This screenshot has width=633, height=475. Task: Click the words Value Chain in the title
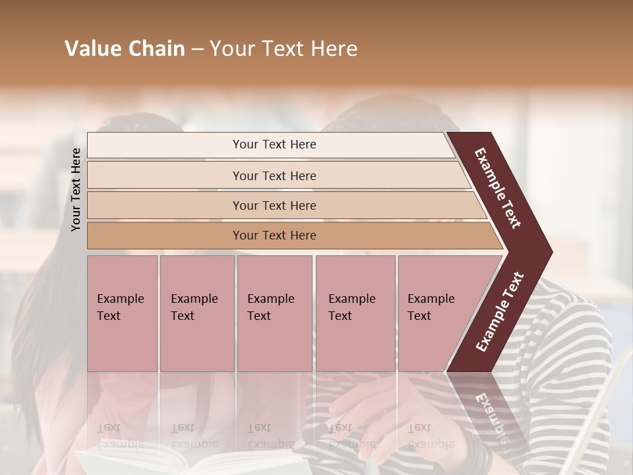coord(125,49)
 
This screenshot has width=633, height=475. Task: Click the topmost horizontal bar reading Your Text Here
coord(274,144)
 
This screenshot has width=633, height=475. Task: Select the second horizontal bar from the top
coord(274,175)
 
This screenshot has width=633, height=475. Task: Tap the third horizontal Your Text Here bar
coord(274,205)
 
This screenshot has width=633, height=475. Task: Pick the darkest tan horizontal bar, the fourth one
coord(274,236)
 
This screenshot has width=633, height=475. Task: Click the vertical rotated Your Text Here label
coord(76,190)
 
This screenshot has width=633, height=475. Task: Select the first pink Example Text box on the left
coord(122,313)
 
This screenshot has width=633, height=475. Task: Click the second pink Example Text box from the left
coord(196,313)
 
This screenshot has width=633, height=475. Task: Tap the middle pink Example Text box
coord(274,313)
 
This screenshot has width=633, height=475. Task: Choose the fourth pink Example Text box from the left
coord(355,313)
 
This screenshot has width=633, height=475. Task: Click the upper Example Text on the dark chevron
coord(498,188)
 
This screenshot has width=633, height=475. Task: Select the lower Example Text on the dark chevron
coord(499,312)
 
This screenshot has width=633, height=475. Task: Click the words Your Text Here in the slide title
coord(284,49)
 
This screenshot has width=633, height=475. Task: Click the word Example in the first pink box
coord(120,299)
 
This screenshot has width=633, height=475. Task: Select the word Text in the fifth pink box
coord(419,316)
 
